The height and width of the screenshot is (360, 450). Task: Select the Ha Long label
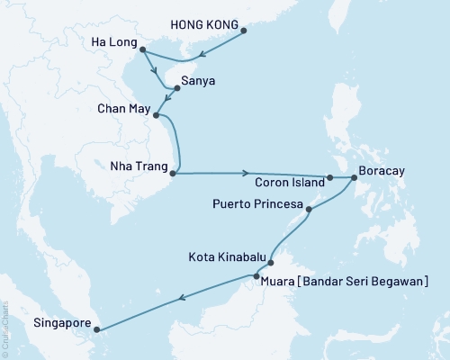(116, 42)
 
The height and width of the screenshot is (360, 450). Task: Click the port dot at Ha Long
(145, 52)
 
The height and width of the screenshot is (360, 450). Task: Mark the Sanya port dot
(177, 88)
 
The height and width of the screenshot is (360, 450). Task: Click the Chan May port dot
(157, 115)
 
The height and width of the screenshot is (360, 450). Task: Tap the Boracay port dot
(353, 178)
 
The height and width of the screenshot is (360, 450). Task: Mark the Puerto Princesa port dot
(310, 211)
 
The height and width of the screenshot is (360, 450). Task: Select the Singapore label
(61, 319)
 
